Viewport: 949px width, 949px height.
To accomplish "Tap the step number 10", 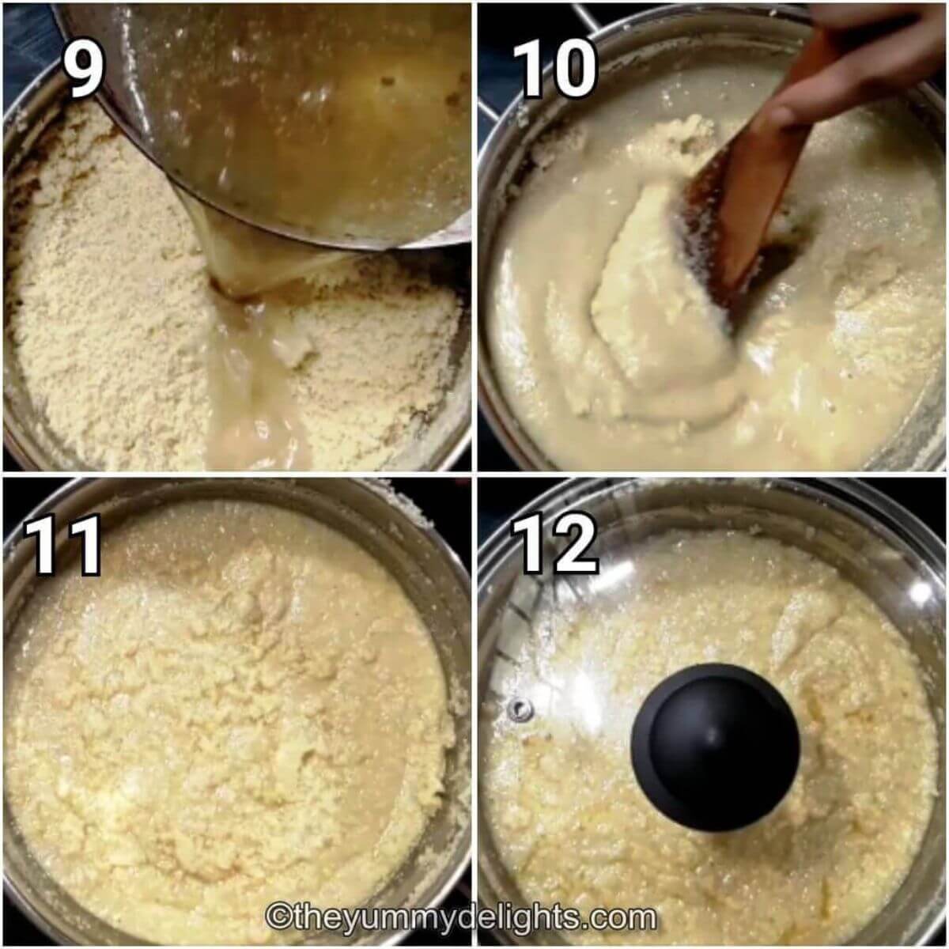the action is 556,70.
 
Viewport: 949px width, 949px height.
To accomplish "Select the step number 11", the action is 63,545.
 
